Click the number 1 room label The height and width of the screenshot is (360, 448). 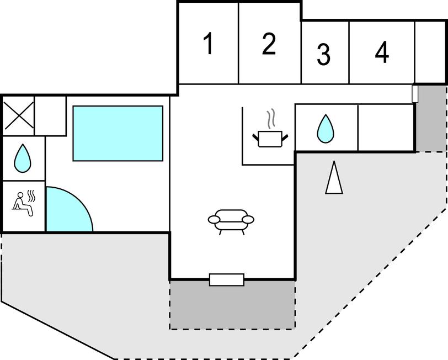208,44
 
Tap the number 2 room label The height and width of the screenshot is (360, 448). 269,44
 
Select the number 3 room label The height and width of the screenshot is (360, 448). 324,54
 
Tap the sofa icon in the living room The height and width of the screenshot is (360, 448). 231,220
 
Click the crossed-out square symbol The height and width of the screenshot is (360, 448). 19,115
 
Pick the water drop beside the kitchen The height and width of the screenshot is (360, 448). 326,129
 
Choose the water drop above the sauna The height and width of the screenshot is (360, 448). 23,157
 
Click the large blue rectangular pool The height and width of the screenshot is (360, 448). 118,134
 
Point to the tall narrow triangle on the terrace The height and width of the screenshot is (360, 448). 334,177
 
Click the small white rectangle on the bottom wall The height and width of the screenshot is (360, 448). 227,280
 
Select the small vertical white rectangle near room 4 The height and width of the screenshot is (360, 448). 415,94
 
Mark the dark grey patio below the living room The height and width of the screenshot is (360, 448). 232,305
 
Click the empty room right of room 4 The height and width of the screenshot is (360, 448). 430,52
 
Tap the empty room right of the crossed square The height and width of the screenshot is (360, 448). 51,115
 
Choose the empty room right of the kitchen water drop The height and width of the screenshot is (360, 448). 386,128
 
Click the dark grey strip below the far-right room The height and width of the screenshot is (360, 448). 430,119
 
